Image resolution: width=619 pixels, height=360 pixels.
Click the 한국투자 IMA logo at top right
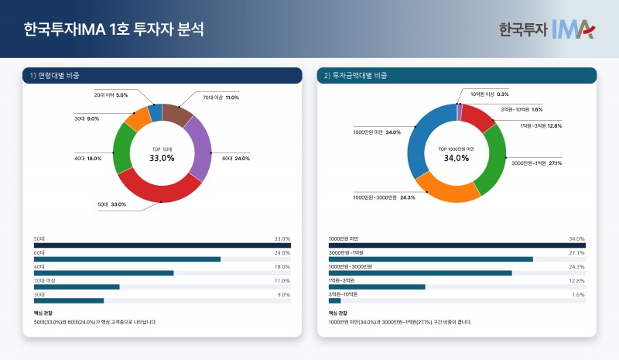click(x=546, y=29)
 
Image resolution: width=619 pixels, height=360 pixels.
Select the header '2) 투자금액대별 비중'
click(x=355, y=75)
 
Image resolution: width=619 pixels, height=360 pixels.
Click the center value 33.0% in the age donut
click(x=162, y=158)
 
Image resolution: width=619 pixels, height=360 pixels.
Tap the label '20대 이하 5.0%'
click(x=111, y=94)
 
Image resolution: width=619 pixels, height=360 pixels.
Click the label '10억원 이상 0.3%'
click(x=489, y=94)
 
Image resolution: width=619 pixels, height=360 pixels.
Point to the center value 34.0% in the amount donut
click(x=457, y=158)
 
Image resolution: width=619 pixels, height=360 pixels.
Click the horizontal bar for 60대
click(x=127, y=259)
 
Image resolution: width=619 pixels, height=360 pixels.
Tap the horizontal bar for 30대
click(x=69, y=300)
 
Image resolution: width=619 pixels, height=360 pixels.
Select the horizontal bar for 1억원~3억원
click(x=377, y=286)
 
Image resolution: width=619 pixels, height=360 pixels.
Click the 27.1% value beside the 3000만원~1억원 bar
click(x=576, y=252)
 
